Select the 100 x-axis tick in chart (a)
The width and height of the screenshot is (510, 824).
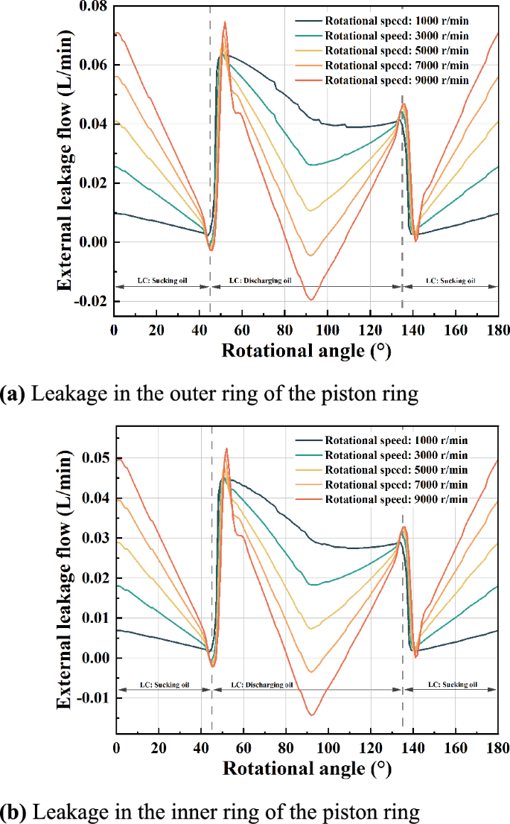(328, 330)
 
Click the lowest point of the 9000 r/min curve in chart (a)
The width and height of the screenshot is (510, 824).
(312, 300)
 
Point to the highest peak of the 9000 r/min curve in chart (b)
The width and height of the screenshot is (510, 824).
(226, 449)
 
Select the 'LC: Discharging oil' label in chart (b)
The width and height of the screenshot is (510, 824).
(263, 684)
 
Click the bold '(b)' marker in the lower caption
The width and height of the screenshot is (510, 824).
(13, 810)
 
